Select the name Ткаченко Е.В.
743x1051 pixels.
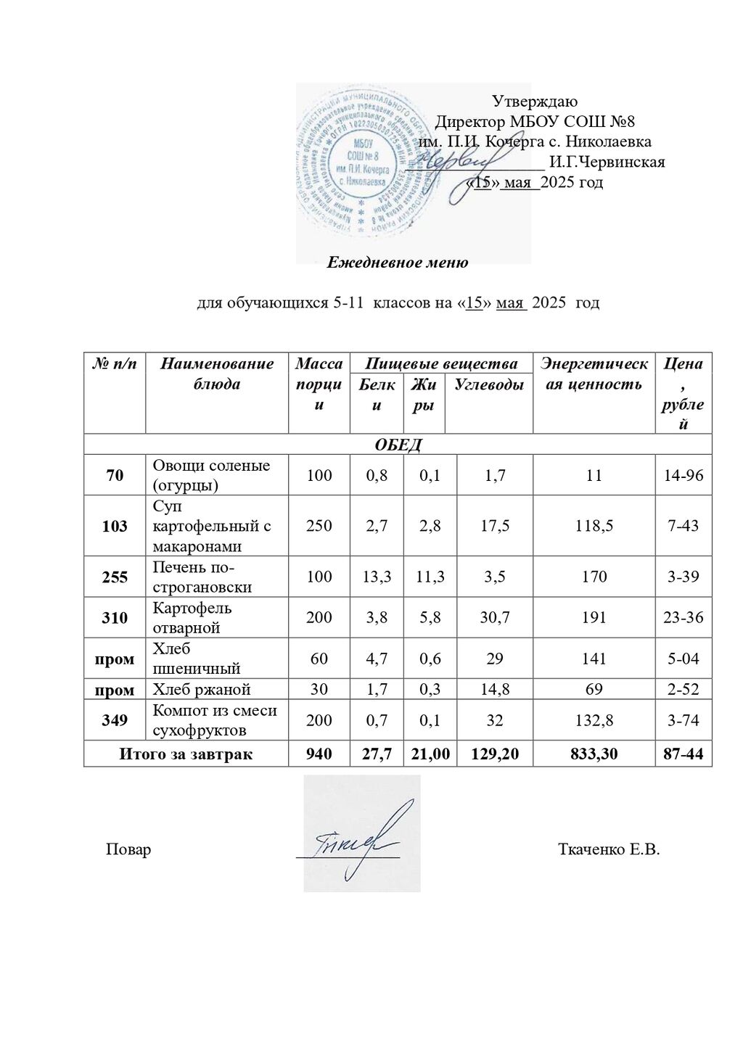click(609, 849)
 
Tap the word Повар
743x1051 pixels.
click(128, 849)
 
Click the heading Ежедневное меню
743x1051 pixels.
click(397, 263)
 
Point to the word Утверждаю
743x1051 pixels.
click(535, 102)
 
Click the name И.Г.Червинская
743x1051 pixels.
click(607, 162)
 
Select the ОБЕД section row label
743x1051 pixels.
click(398, 444)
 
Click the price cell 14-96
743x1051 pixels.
click(684, 475)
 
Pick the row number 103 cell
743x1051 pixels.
click(115, 526)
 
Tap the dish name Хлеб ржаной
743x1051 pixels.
click(200, 688)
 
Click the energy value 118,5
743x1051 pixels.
click(594, 526)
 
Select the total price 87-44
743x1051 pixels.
click(684, 754)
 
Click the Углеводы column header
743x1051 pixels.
click(488, 384)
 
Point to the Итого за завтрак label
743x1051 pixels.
click(186, 754)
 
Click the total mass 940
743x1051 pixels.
click(319, 754)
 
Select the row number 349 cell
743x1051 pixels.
click(115, 720)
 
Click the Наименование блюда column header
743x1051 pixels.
click(217, 374)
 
